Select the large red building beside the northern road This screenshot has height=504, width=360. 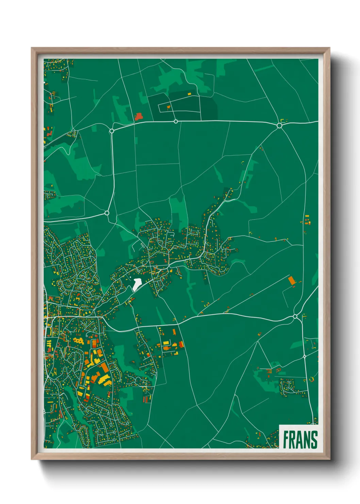138,116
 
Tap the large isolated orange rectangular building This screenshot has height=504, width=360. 291,281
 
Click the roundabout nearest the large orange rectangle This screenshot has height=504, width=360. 295,317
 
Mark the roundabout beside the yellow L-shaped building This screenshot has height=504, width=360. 279,125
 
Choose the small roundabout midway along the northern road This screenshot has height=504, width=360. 176,121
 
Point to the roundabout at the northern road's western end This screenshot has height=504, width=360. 112,130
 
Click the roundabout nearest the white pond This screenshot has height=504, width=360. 107,213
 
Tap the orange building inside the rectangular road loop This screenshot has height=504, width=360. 168,107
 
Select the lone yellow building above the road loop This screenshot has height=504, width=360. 190,93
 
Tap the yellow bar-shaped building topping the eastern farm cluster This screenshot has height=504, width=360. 307,216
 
